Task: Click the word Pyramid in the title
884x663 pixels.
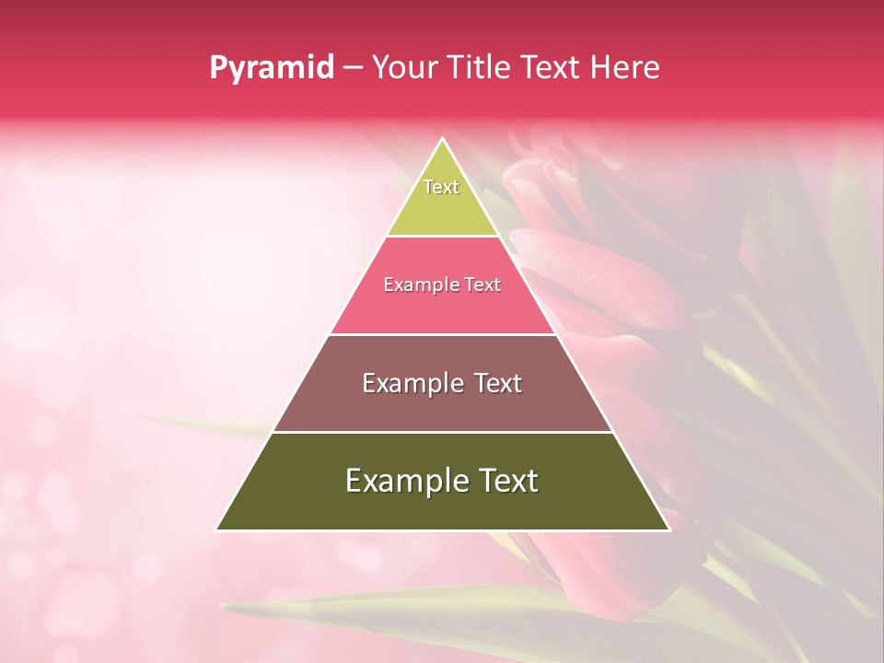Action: [271, 68]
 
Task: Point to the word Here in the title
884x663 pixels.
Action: [625, 67]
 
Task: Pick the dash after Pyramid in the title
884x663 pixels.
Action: [352, 68]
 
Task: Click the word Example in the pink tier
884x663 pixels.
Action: [416, 285]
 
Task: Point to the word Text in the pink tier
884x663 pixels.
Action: [482, 285]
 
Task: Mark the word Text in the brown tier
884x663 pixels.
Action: [498, 383]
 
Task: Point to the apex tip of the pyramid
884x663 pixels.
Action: [442, 139]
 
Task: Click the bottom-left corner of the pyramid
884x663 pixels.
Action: [216, 529]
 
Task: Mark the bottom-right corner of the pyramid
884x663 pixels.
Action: [669, 529]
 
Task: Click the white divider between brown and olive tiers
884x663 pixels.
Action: [442, 432]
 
